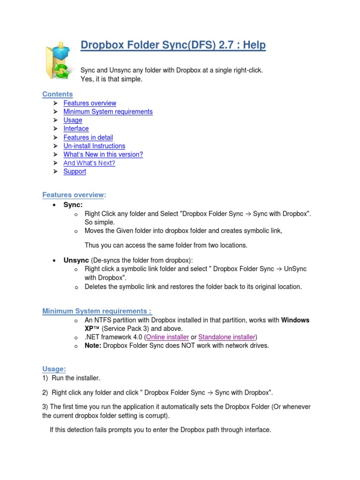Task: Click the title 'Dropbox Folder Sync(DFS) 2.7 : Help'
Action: click(173, 45)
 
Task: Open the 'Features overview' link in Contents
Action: click(90, 103)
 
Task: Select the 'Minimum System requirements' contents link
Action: click(108, 112)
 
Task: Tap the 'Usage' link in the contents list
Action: click(73, 120)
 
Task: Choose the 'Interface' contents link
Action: click(76, 128)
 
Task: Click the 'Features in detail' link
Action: click(88, 137)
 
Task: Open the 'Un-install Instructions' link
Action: click(94, 146)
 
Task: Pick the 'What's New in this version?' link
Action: click(103, 154)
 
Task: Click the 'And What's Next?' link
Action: click(89, 163)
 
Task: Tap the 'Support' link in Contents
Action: click(75, 172)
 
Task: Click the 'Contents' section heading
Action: click(58, 94)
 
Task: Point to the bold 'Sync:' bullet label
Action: click(73, 205)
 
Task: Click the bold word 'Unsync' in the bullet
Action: click(76, 260)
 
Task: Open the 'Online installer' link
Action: click(168, 337)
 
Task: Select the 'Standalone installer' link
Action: click(227, 337)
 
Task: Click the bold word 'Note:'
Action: click(93, 345)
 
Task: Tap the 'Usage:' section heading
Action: click(54, 369)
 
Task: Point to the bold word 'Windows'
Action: click(295, 320)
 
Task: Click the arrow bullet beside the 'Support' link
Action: click(55, 172)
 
